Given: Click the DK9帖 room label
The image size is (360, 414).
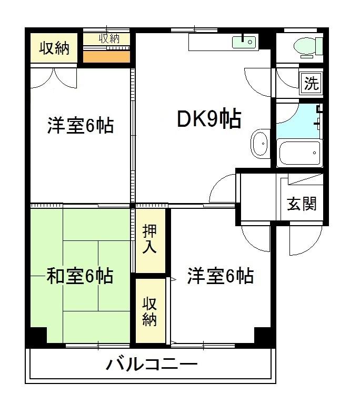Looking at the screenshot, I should click(x=209, y=119).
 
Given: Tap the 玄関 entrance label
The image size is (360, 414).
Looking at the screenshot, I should click(x=302, y=204).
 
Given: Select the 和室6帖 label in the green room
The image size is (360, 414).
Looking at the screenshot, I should click(x=80, y=276).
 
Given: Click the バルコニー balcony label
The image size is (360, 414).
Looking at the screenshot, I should click(x=152, y=364).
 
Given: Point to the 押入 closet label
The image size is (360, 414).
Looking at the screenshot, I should click(x=149, y=240).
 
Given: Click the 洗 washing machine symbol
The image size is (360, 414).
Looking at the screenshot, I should click(x=312, y=83).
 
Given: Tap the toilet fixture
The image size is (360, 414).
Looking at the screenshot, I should click(x=307, y=46).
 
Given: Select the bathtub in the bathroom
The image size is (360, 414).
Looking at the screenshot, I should click(x=299, y=153).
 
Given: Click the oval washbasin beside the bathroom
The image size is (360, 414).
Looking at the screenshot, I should click(x=260, y=143).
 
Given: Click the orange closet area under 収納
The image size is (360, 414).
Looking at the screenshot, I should click(x=107, y=56).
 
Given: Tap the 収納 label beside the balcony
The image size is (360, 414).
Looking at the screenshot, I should click(x=149, y=311).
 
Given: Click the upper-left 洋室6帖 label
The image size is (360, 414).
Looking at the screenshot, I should click(x=80, y=126).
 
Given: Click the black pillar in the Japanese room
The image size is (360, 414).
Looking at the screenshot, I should click(x=36, y=336).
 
